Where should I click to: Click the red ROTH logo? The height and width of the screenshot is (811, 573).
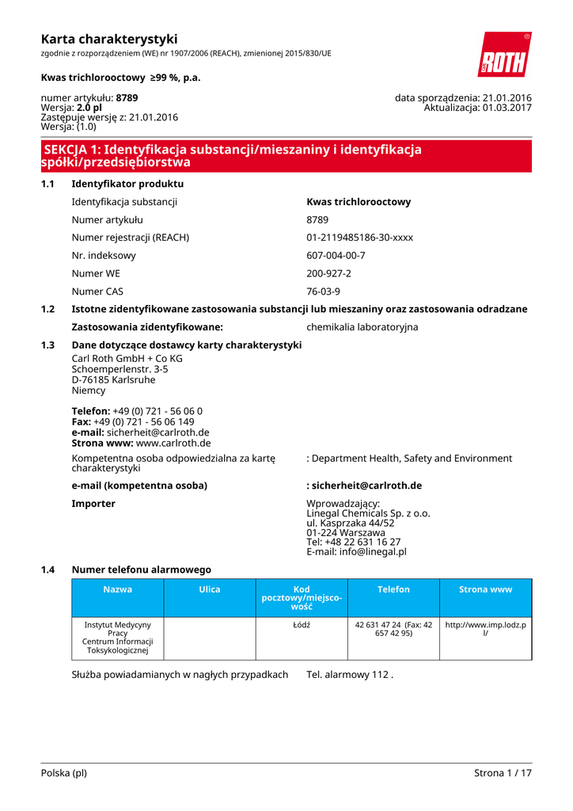[x=504, y=55]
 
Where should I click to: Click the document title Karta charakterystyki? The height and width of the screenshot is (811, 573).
[x=109, y=39]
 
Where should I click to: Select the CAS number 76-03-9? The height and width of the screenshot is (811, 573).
[x=323, y=291]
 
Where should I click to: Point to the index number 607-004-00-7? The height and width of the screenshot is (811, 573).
[x=336, y=256]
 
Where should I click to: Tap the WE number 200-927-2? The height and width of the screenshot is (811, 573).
[x=328, y=273]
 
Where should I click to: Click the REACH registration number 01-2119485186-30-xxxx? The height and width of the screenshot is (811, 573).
[x=359, y=238]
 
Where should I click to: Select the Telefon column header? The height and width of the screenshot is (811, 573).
[x=393, y=589]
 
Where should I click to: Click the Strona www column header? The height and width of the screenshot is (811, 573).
[x=485, y=589]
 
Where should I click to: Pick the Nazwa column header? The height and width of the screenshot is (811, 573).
[x=118, y=589]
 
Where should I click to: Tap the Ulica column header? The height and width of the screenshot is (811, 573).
[x=210, y=589]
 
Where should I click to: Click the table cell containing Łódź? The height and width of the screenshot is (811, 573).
[x=302, y=625]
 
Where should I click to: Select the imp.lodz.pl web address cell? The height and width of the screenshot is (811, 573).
[x=485, y=630]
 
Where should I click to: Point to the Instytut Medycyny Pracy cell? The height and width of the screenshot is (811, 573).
[x=118, y=638]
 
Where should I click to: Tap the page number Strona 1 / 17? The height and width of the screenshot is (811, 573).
[x=503, y=773]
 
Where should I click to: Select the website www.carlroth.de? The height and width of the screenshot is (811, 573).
[x=173, y=443]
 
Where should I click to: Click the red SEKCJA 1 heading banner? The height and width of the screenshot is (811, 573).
[x=286, y=156]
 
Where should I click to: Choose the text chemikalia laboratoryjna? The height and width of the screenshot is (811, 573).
[x=362, y=327]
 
